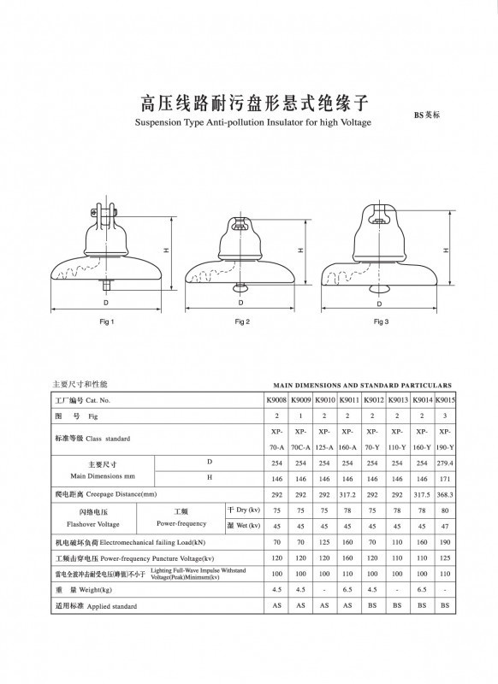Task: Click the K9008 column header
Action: (x=276, y=400)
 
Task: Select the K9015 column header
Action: (x=445, y=400)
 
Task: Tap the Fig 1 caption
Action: (x=107, y=321)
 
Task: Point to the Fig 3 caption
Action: (x=381, y=321)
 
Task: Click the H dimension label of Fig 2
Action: (x=301, y=251)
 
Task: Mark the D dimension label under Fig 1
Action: (x=106, y=303)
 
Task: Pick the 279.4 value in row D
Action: (x=445, y=463)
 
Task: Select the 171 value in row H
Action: (x=445, y=479)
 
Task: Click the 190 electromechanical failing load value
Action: (x=445, y=542)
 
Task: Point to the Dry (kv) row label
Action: (x=243, y=510)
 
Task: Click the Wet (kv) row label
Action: (x=243, y=525)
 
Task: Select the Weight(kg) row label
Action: (x=85, y=589)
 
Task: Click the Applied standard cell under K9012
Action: (x=373, y=604)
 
